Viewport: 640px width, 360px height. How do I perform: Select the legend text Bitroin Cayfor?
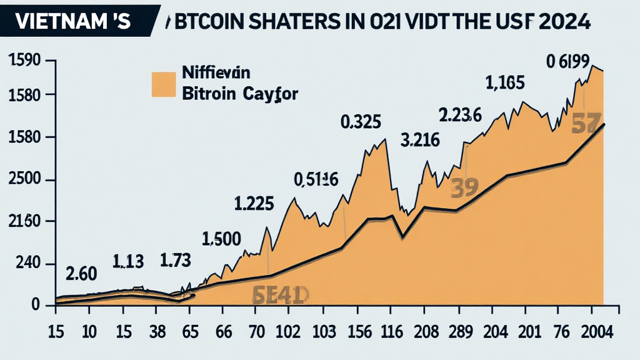[239, 94]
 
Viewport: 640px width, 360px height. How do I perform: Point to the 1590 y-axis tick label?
[24, 61]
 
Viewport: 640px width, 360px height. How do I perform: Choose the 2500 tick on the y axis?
[24, 181]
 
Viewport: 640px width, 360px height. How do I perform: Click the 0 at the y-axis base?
[36, 305]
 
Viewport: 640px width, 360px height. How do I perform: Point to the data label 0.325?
[361, 121]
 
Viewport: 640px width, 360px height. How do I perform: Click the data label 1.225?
[254, 204]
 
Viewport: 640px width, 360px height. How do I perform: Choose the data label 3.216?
[420, 140]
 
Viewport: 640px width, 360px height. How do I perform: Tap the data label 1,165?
[504, 82]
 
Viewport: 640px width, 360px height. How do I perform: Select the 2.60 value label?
[81, 273]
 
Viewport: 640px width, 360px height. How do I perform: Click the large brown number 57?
[586, 124]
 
